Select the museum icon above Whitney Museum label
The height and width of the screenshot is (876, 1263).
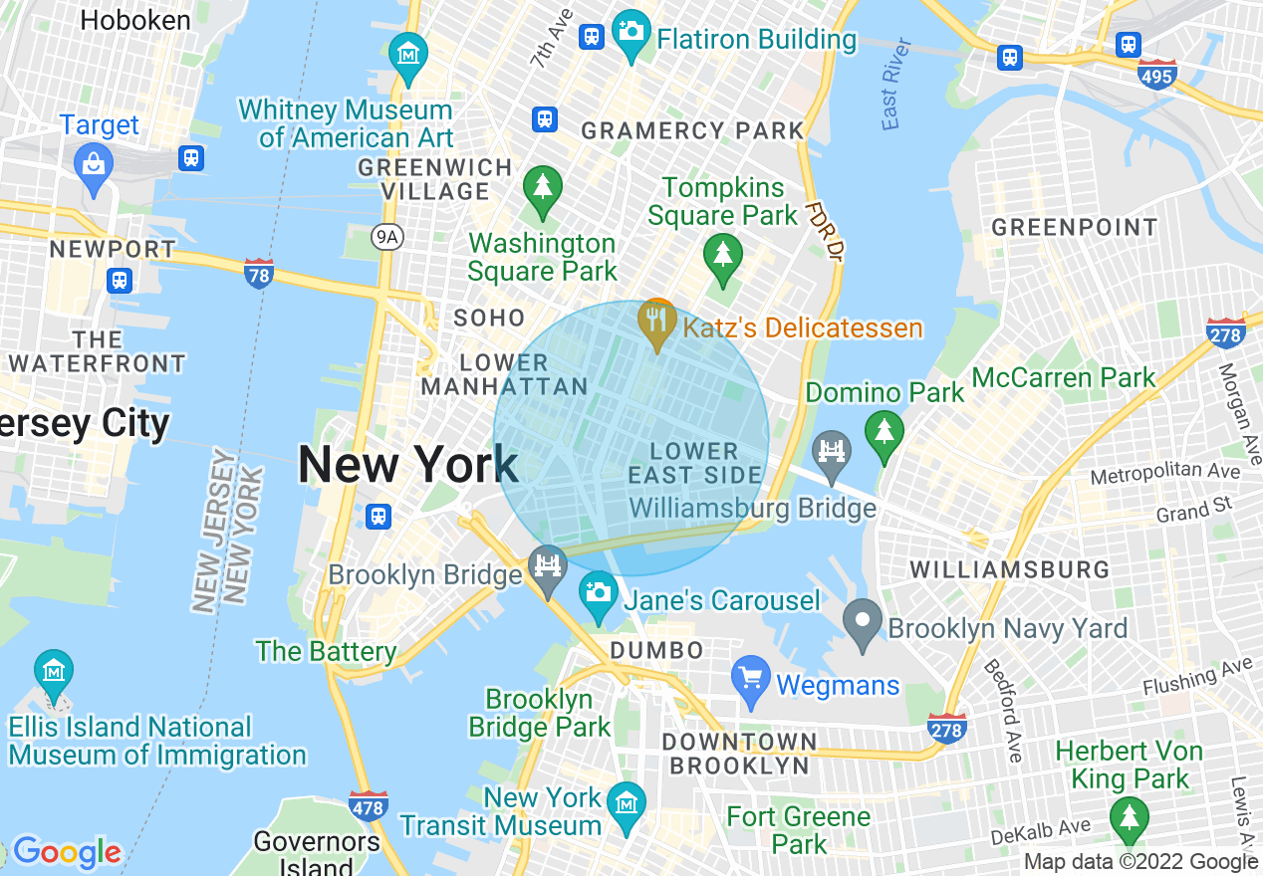pyautogui.click(x=408, y=54)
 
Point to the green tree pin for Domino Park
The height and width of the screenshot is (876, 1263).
pyautogui.click(x=883, y=434)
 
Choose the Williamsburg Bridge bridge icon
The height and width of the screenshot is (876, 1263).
pyautogui.click(x=831, y=452)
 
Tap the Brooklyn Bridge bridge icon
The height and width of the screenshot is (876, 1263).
pyautogui.click(x=547, y=568)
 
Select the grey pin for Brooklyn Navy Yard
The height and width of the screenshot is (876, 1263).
pyautogui.click(x=863, y=620)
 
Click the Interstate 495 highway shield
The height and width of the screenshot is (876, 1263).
pyautogui.click(x=1156, y=74)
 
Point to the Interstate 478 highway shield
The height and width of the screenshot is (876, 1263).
pyautogui.click(x=369, y=806)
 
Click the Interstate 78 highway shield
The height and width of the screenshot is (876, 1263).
pyautogui.click(x=258, y=273)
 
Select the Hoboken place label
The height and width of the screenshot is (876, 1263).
pyautogui.click(x=135, y=20)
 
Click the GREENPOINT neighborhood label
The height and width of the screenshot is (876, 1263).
pyautogui.click(x=1075, y=228)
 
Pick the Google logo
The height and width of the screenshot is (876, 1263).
pyautogui.click(x=66, y=852)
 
